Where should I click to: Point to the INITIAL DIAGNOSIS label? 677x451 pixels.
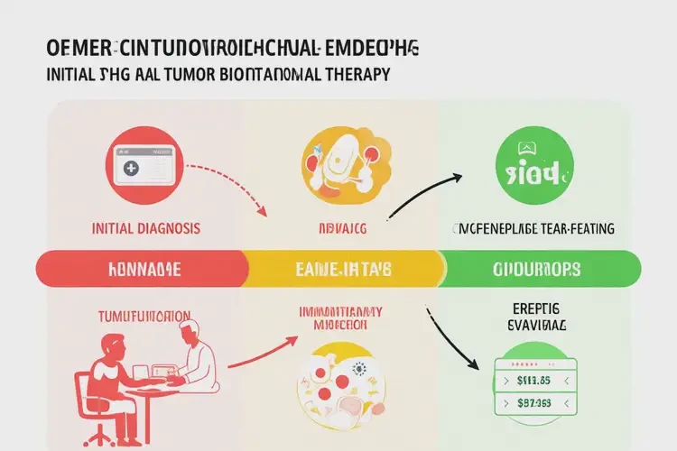146,229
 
